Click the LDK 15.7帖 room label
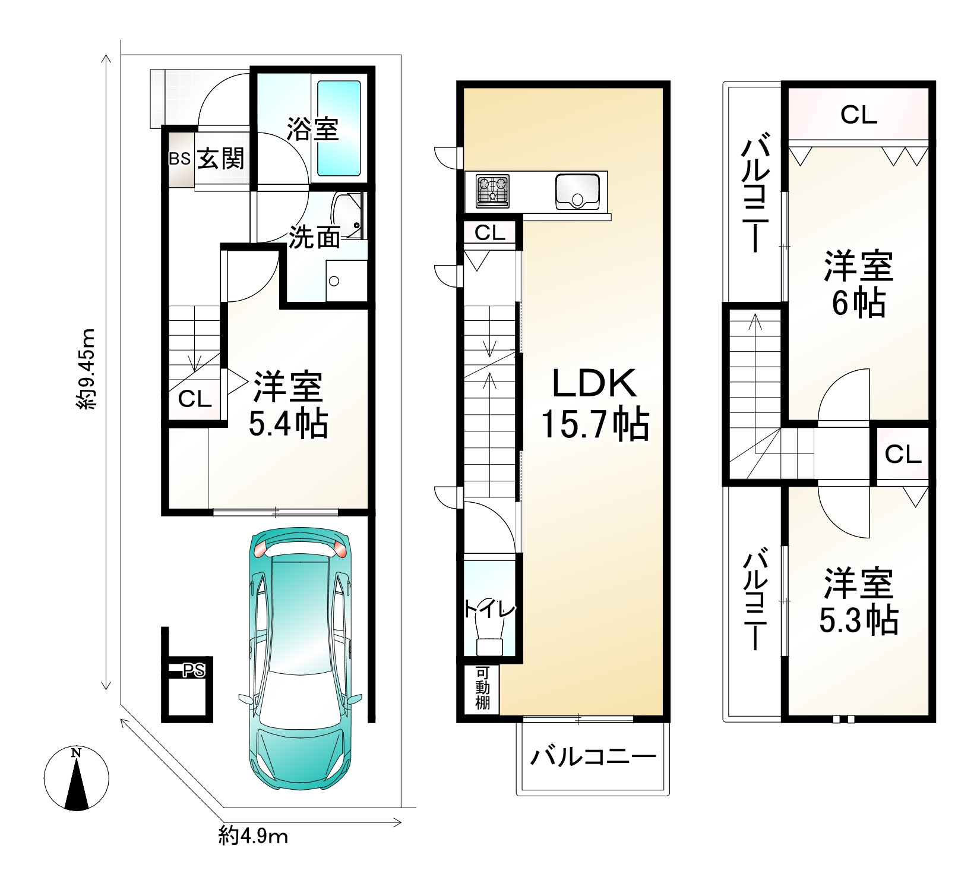pyautogui.click(x=595, y=403)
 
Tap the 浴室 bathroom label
pyautogui.click(x=312, y=129)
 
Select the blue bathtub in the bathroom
pyautogui.click(x=339, y=128)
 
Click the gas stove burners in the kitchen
pyautogui.click(x=492, y=191)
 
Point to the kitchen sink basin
pyautogui.click(x=577, y=191)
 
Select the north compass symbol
pyautogui.click(x=77, y=778)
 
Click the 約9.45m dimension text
pyautogui.click(x=87, y=368)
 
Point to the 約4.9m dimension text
pyautogui.click(x=253, y=837)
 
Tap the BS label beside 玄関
pyautogui.click(x=179, y=159)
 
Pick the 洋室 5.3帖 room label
pyautogui.click(x=858, y=601)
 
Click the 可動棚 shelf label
pyautogui.click(x=482, y=688)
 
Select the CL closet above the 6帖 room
pyautogui.click(x=858, y=115)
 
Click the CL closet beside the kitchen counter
pyautogui.click(x=489, y=233)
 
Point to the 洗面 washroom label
pyautogui.click(x=314, y=238)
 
